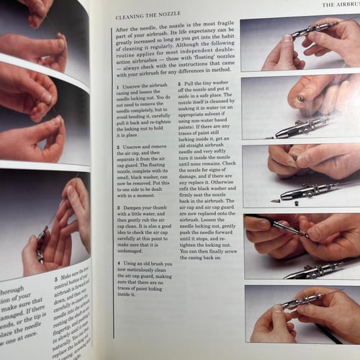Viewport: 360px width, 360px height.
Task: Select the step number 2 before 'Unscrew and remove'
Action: pos(117,145)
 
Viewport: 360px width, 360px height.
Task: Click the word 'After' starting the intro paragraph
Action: pos(124,28)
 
